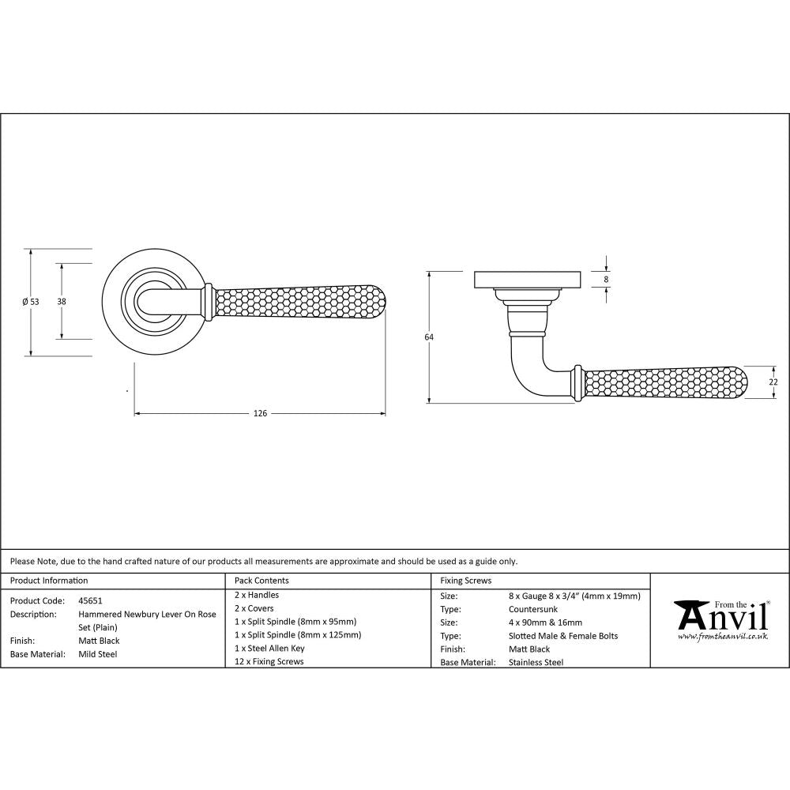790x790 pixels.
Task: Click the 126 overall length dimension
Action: (x=261, y=413)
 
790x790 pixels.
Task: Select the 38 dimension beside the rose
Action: (x=62, y=301)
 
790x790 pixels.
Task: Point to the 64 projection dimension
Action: (x=429, y=337)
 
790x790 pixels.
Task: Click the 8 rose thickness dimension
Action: (x=606, y=279)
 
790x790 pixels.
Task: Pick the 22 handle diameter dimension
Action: (x=773, y=382)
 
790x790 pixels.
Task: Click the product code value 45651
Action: (x=90, y=600)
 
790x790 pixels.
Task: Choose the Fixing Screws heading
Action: (x=465, y=581)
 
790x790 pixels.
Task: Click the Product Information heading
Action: (x=49, y=581)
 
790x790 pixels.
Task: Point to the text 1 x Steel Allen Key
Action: (x=269, y=648)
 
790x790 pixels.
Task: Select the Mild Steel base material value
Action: (x=97, y=654)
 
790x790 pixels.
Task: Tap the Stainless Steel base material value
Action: (x=536, y=662)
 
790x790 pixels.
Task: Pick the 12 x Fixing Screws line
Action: (x=269, y=661)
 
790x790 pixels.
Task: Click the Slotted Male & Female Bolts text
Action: (x=563, y=636)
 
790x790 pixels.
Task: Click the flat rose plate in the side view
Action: (x=527, y=280)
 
